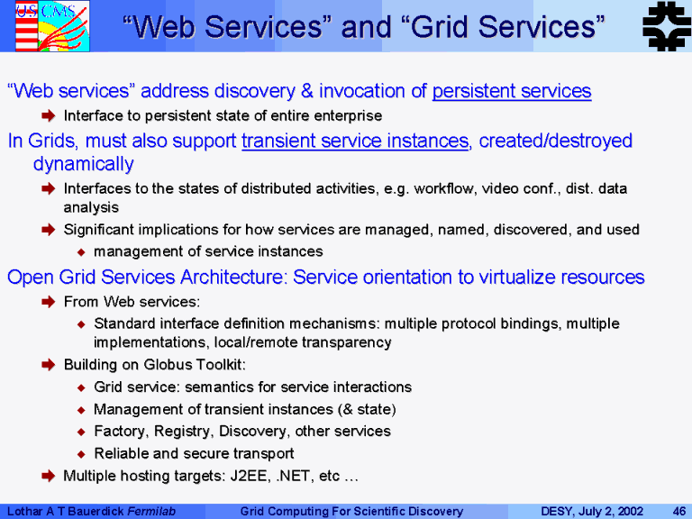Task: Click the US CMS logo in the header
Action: click(x=52, y=25)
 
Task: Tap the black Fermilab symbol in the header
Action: click(x=667, y=26)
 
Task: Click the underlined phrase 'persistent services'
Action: click(x=512, y=91)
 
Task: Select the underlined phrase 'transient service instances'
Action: click(x=355, y=141)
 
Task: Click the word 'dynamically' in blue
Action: click(x=84, y=164)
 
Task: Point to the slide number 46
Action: click(x=678, y=512)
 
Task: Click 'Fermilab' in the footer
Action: click(x=151, y=512)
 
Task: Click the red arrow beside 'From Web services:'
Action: click(x=48, y=302)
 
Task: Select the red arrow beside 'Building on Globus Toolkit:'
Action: click(x=48, y=365)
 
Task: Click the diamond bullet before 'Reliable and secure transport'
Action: click(x=81, y=454)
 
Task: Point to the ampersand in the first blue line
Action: click(x=306, y=91)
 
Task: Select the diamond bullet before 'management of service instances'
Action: click(x=81, y=252)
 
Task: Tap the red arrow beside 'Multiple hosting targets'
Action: click(x=48, y=476)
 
